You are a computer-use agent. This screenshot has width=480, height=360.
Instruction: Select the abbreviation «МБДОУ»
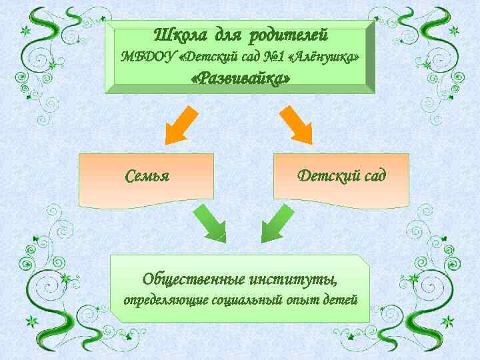click(x=147, y=56)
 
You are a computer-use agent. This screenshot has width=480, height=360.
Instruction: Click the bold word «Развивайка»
click(x=240, y=79)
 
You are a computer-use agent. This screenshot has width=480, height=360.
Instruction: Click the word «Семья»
click(x=147, y=177)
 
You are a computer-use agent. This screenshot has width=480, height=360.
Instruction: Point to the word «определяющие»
click(x=166, y=299)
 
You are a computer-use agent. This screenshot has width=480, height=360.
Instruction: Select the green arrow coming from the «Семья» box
click(x=210, y=223)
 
